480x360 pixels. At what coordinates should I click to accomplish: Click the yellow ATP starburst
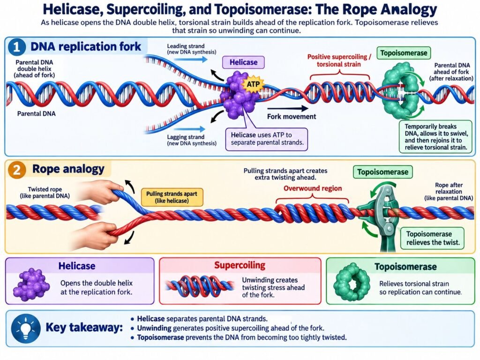pyautogui.click(x=253, y=83)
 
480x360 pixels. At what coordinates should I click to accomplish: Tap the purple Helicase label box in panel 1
pyautogui.click(x=243, y=62)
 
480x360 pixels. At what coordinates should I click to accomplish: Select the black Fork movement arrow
pyautogui.click(x=287, y=108)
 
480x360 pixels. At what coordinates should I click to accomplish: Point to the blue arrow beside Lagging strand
pyautogui.click(x=189, y=129)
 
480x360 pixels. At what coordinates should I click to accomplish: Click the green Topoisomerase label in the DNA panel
pyautogui.click(x=404, y=53)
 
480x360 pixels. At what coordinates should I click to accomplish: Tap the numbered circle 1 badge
pyautogui.click(x=16, y=47)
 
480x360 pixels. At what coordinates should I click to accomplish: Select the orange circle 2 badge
pyautogui.click(x=16, y=170)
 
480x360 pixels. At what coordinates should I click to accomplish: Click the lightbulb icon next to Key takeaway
pyautogui.click(x=26, y=329)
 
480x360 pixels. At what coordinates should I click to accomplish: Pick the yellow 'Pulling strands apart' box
pyautogui.click(x=172, y=197)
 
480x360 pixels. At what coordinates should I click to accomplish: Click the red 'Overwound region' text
pyautogui.click(x=313, y=188)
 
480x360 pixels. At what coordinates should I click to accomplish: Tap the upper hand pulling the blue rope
pyautogui.click(x=102, y=192)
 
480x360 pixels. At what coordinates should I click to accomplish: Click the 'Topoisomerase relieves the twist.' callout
pyautogui.click(x=433, y=238)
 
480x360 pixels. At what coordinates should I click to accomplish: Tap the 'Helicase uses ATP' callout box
pyautogui.click(x=267, y=139)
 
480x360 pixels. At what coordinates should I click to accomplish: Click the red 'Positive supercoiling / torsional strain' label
pyautogui.click(x=339, y=60)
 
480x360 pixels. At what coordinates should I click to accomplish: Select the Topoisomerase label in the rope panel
pyautogui.click(x=382, y=172)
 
